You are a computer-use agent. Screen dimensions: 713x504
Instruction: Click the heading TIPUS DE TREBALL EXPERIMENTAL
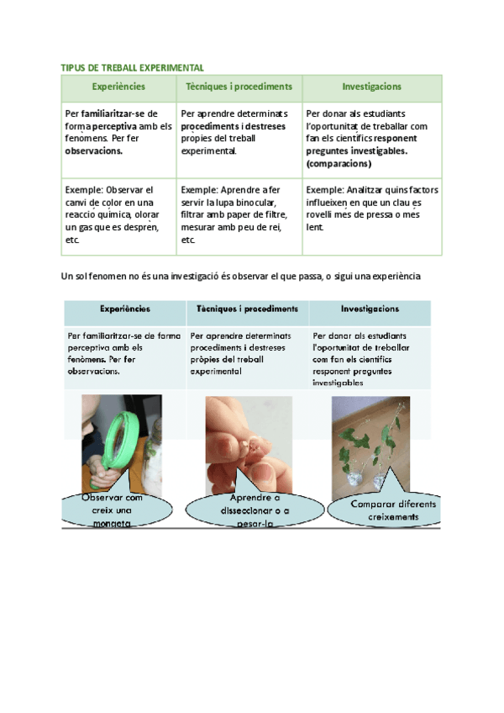pyautogui.click(x=133, y=67)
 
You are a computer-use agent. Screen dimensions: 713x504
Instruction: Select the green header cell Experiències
pyautogui.click(x=118, y=87)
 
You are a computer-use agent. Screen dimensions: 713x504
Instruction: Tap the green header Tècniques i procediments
pyautogui.click(x=239, y=87)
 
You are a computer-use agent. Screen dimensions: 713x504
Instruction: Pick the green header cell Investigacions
pyautogui.click(x=371, y=87)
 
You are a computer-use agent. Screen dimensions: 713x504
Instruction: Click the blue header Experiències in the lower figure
pyautogui.click(x=124, y=309)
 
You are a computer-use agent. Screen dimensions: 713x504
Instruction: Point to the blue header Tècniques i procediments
pyautogui.click(x=247, y=309)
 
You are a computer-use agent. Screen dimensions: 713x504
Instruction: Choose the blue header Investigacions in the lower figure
pyautogui.click(x=370, y=309)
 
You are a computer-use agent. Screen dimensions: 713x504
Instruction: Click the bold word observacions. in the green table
pyautogui.click(x=94, y=151)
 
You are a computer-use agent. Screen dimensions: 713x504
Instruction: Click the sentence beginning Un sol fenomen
pyautogui.click(x=240, y=276)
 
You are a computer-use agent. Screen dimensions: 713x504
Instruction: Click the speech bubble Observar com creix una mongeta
pyautogui.click(x=113, y=510)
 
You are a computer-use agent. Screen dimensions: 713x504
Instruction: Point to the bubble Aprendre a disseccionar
pyautogui.click(x=249, y=510)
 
